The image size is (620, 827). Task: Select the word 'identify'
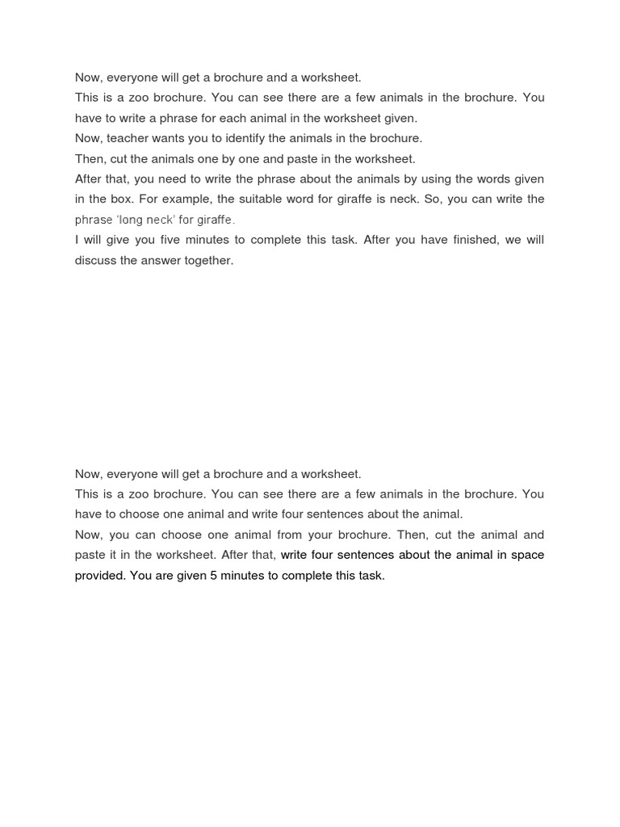(x=234, y=138)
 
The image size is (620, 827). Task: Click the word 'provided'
(x=98, y=575)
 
